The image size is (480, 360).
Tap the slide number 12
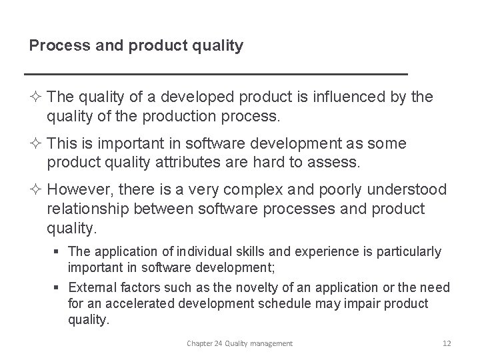(x=446, y=343)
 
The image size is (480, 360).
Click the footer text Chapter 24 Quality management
(x=239, y=343)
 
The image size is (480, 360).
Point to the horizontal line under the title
(x=215, y=73)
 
